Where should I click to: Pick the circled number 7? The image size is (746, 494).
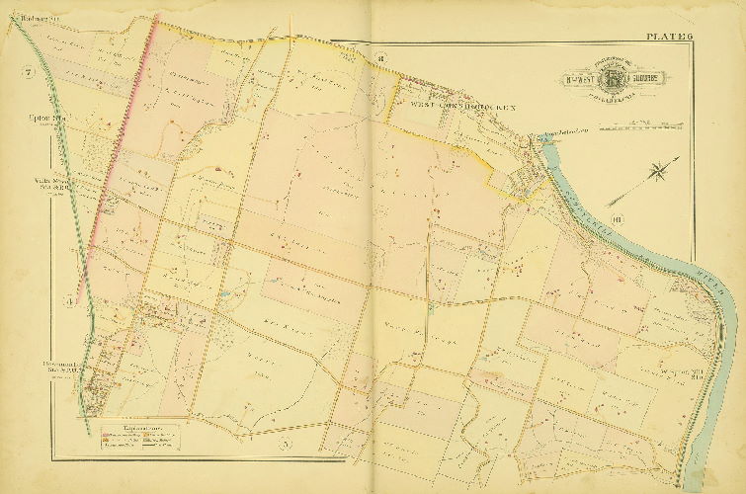(x=28, y=74)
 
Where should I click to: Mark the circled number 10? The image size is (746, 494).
(x=617, y=219)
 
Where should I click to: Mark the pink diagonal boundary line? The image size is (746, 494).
(x=119, y=148)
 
